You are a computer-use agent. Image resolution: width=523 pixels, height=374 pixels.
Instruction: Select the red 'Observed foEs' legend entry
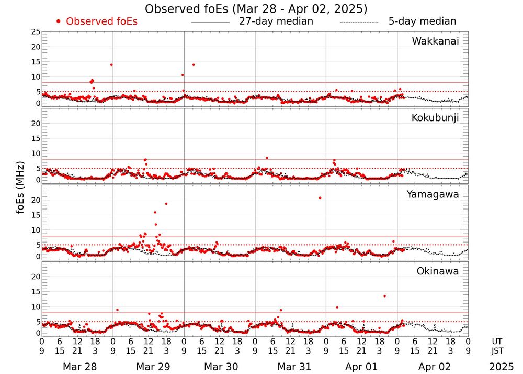click(x=97, y=21)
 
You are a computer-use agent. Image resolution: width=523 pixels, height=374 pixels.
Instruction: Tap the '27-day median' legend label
click(x=276, y=21)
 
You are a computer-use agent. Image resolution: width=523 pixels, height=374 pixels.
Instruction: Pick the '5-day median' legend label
click(x=422, y=21)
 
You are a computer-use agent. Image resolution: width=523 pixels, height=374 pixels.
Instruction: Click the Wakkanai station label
click(x=435, y=41)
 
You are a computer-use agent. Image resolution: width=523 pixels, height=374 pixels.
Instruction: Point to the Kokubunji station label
click(x=435, y=118)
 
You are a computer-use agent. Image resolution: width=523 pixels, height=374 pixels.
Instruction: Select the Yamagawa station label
click(x=433, y=194)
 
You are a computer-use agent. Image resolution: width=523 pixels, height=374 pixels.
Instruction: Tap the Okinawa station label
click(x=438, y=271)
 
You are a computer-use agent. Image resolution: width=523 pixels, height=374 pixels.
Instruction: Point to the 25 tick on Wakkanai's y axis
click(x=36, y=32)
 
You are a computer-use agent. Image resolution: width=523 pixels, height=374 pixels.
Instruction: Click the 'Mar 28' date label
click(x=77, y=367)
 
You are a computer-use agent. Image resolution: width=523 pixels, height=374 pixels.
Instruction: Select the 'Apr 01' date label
click(x=361, y=367)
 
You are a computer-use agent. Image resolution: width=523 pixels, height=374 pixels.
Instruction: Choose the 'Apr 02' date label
click(x=433, y=367)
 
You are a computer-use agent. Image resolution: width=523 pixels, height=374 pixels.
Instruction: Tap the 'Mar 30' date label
click(x=219, y=367)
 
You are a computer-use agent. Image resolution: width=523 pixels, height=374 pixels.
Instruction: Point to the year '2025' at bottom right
click(x=502, y=367)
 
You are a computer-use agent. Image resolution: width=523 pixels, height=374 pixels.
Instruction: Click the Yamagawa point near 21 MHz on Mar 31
click(x=320, y=197)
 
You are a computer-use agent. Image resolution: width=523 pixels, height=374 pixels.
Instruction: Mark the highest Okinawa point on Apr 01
click(x=384, y=296)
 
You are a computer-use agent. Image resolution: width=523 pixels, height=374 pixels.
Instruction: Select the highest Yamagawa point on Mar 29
click(x=166, y=204)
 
